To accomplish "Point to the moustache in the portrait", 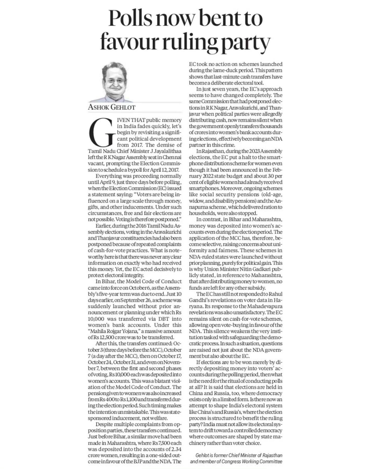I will [x=115, y=86].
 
